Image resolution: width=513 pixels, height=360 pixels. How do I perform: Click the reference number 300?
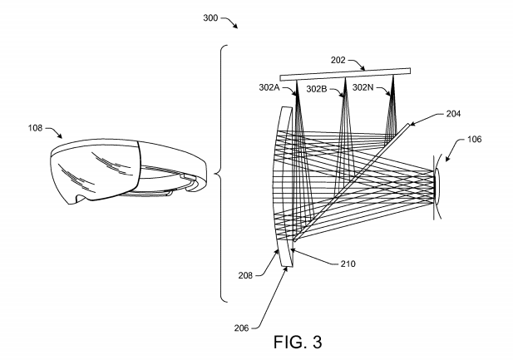click(x=210, y=17)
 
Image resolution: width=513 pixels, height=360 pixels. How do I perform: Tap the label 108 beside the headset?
click(x=35, y=128)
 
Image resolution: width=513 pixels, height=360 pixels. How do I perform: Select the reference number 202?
click(x=338, y=60)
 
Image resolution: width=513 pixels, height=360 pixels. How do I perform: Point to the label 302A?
click(x=269, y=87)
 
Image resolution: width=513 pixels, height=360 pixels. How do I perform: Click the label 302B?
click(x=317, y=89)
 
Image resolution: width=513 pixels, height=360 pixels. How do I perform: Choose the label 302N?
click(x=363, y=87)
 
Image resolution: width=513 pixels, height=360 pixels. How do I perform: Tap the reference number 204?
click(x=453, y=114)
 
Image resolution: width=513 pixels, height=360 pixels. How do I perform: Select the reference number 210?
click(x=348, y=264)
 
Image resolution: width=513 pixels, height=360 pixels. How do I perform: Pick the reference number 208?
click(x=245, y=275)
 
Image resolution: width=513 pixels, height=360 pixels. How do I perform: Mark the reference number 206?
click(x=241, y=328)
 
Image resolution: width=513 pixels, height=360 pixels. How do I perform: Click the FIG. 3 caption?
click(x=298, y=342)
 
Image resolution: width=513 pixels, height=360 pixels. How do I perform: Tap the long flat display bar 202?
click(x=345, y=74)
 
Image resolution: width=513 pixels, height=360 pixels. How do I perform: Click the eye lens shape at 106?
click(x=437, y=186)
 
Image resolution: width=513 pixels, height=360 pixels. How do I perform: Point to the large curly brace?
click(x=221, y=174)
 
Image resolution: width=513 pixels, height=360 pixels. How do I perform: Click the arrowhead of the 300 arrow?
click(x=235, y=26)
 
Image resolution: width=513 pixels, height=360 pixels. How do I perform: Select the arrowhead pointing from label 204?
click(x=412, y=124)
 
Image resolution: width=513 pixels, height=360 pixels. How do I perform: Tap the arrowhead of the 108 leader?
click(x=60, y=136)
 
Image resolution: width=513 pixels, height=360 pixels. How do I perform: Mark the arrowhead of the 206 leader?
click(x=287, y=270)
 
